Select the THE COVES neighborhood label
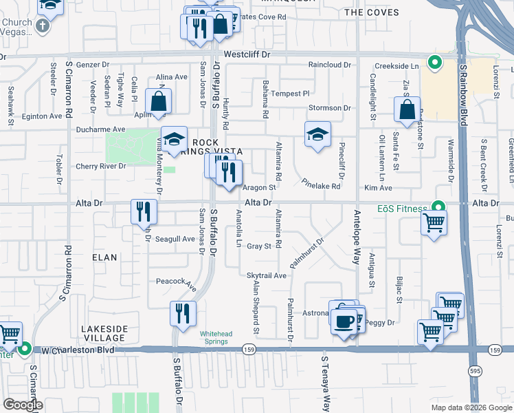371,12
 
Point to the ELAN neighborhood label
104,257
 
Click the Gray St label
259,246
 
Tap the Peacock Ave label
177,282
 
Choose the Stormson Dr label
329,108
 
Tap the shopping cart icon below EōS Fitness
434,223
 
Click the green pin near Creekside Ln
434,63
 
